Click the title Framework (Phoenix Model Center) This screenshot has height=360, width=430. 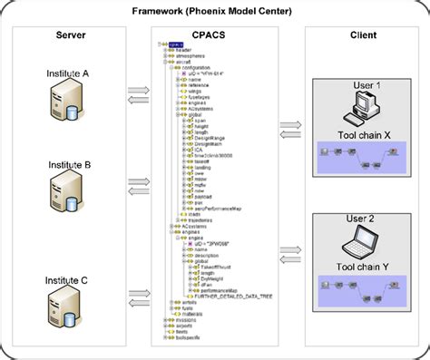pyautogui.click(x=215, y=12)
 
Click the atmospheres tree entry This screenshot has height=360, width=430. pyautogui.click(x=191, y=56)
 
